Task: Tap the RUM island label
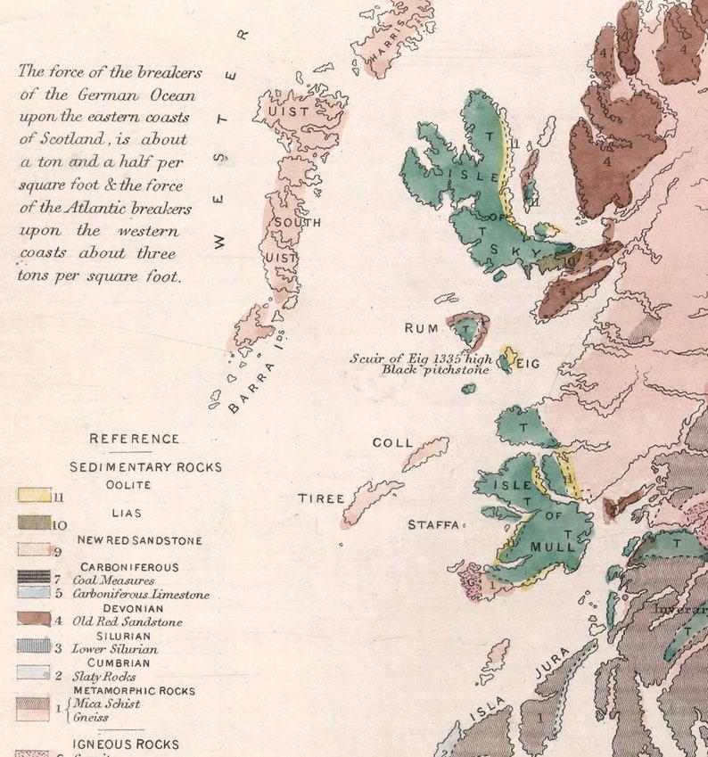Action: click(x=423, y=329)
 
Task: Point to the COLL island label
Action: click(x=392, y=442)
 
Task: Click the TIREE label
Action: click(x=321, y=498)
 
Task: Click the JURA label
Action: click(x=551, y=666)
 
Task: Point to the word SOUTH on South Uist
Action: click(x=297, y=222)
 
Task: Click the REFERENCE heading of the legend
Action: click(x=134, y=439)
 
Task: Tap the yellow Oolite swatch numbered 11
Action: click(x=34, y=495)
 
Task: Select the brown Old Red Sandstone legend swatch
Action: click(x=34, y=619)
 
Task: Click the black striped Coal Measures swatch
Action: click(x=34, y=578)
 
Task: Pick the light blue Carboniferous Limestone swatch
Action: click(x=34, y=592)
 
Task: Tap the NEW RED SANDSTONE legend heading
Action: click(x=139, y=540)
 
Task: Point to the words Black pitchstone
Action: click(x=435, y=369)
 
